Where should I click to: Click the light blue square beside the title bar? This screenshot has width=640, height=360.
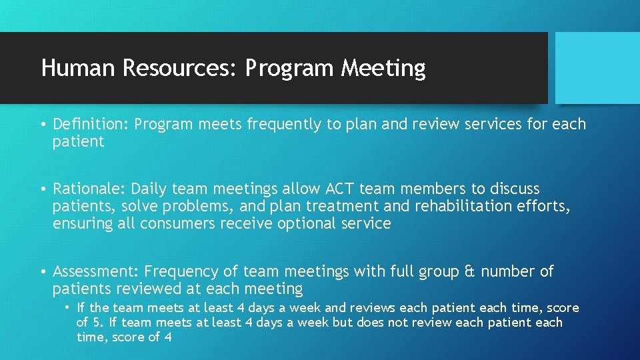pos(597,68)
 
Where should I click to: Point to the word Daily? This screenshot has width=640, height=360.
pos(153,189)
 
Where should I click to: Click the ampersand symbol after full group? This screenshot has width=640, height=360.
pos(469,271)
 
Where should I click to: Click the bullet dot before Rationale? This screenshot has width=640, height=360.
pos(42,189)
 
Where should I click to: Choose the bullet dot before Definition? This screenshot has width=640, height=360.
pos(42,124)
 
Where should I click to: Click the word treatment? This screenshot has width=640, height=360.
pos(351,206)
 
